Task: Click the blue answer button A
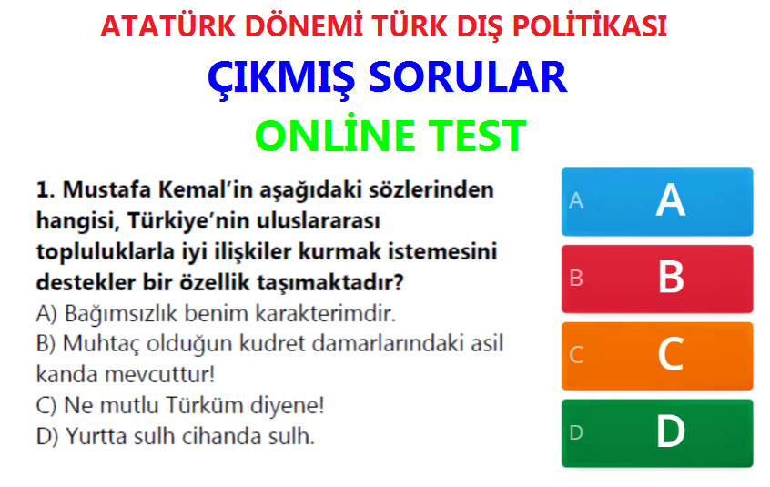657,202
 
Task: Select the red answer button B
657,279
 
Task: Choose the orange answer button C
657,356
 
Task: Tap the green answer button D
657,433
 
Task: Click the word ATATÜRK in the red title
168,26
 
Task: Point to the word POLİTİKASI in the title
590,26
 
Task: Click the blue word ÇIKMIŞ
281,78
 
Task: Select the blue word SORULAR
468,77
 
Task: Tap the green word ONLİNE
334,135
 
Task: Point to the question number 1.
46,190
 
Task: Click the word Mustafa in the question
107,190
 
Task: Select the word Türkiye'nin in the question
189,221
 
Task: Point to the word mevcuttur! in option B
160,375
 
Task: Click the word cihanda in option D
222,436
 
